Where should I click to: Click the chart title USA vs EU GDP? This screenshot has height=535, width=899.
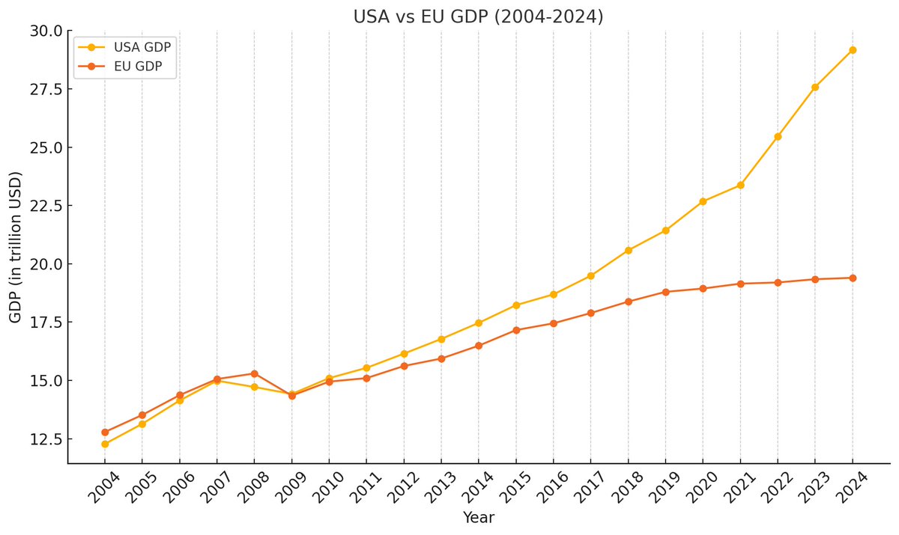[x=478, y=16]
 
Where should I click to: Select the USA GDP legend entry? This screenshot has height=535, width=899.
[x=142, y=47]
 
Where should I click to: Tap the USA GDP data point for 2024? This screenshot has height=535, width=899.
[x=852, y=50]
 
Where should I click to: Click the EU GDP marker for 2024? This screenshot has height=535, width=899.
[x=852, y=278]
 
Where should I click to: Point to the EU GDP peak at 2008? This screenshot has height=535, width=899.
[x=254, y=373]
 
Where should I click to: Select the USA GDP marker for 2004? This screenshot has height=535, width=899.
[x=105, y=444]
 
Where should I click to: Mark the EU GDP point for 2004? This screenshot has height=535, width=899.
[x=105, y=432]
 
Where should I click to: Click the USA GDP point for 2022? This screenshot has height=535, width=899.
[x=778, y=136]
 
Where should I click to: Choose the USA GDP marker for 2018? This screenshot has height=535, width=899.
[x=628, y=250]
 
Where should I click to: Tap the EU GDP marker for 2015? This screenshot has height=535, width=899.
[x=516, y=330]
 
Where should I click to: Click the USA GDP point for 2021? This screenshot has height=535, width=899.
[x=740, y=185]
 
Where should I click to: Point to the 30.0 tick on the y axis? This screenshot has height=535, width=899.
[x=46, y=31]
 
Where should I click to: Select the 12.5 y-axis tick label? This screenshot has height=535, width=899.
[x=46, y=439]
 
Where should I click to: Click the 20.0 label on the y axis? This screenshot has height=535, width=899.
[x=46, y=264]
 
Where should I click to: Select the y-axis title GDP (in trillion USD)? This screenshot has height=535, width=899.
[x=16, y=247]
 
